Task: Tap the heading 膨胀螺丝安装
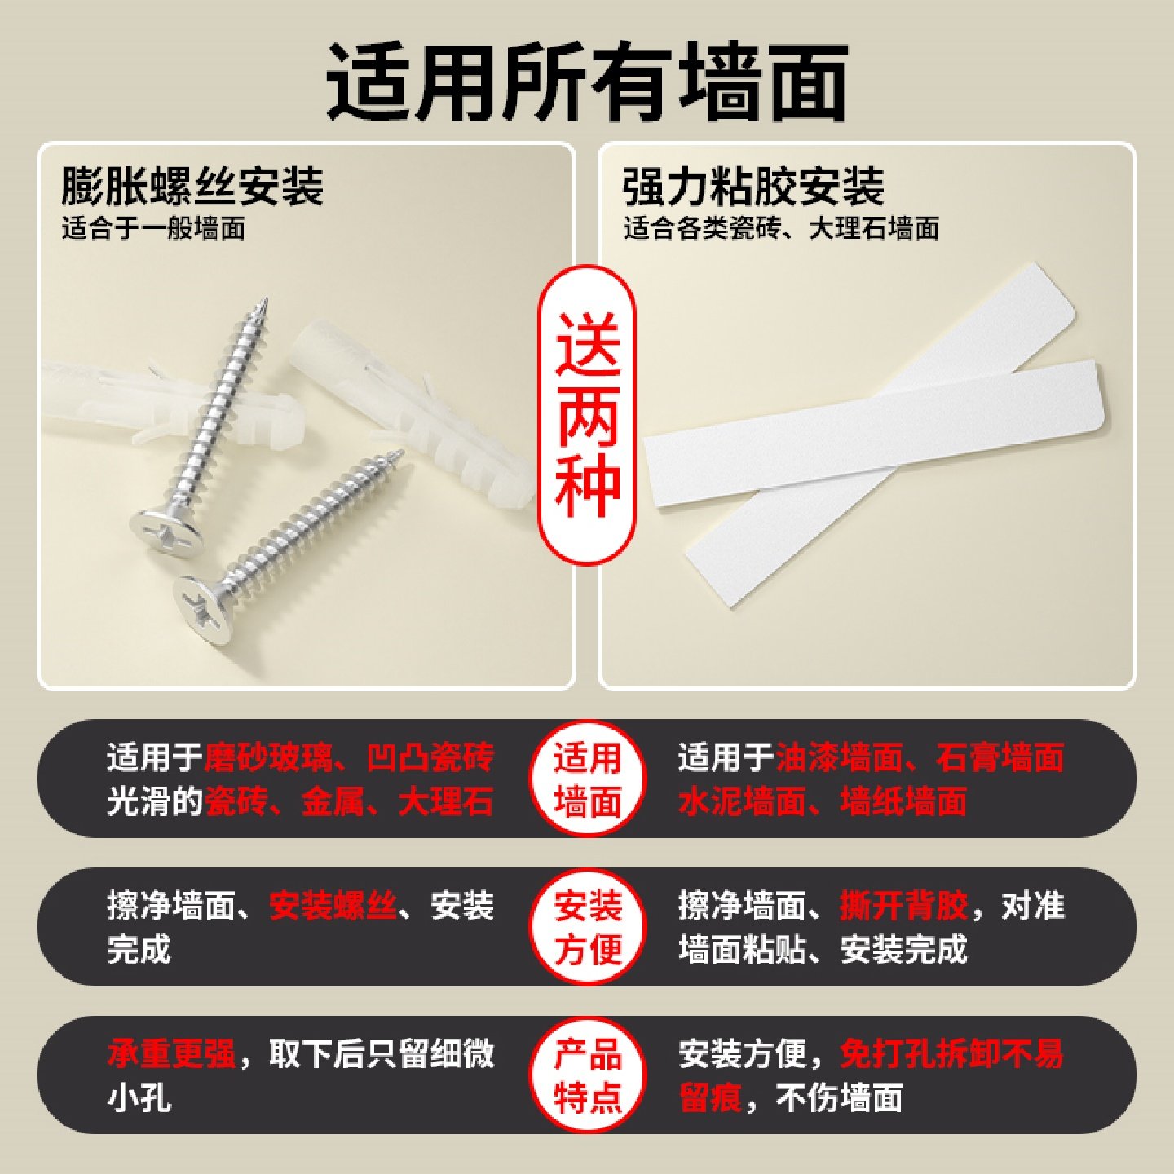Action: tap(192, 186)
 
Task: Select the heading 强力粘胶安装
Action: tap(753, 186)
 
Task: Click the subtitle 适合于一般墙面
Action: tap(153, 228)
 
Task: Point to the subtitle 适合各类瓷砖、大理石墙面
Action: tap(781, 228)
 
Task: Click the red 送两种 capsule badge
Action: tap(587, 414)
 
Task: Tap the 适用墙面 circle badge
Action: tap(587, 779)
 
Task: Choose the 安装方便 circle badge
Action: tap(587, 928)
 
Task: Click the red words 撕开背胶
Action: tap(903, 906)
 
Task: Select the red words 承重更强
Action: tap(171, 1054)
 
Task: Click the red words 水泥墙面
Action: tap(742, 801)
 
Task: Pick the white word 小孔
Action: tap(139, 1098)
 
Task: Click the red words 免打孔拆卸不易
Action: tap(951, 1054)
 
